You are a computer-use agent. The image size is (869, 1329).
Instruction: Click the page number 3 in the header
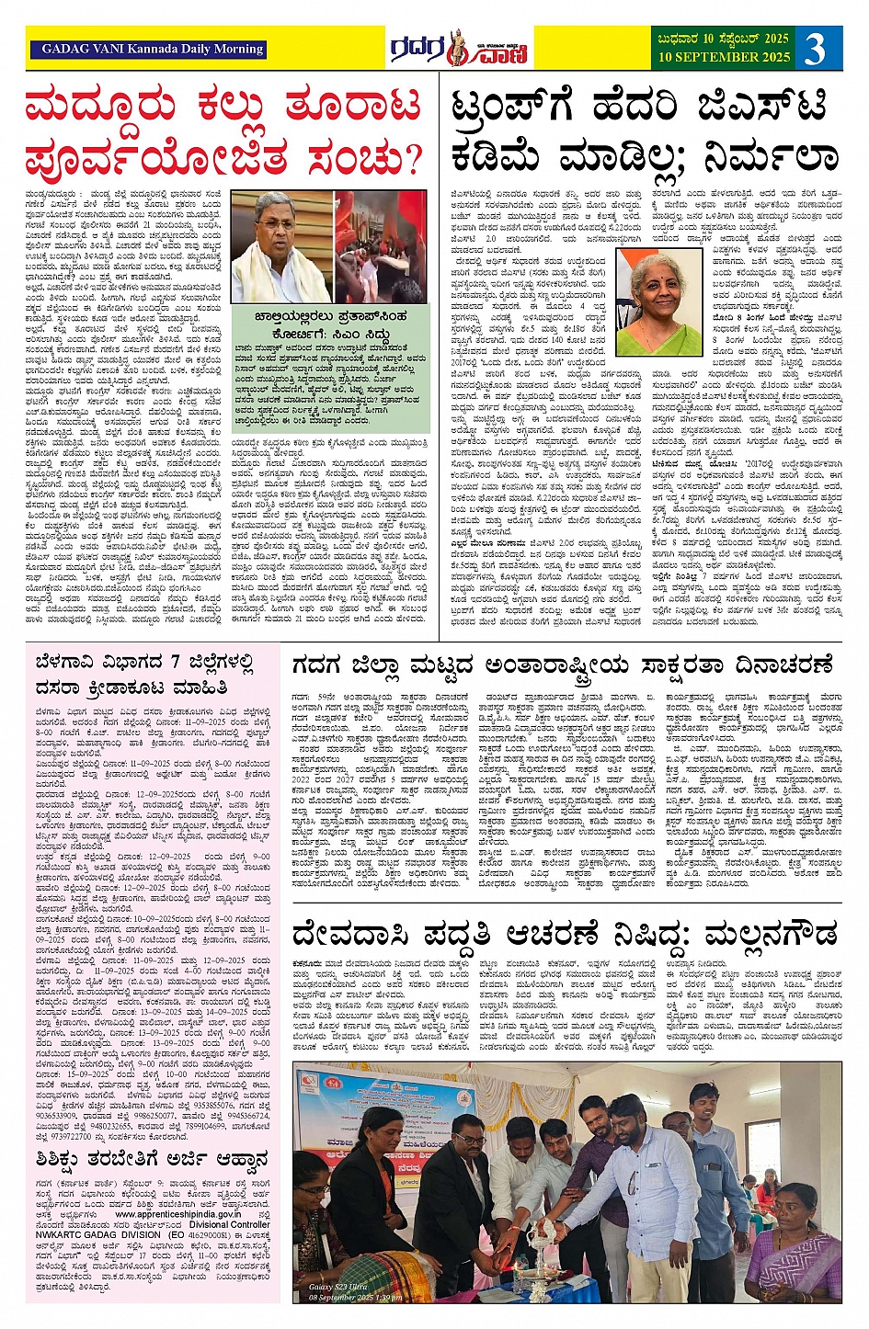pos(815,49)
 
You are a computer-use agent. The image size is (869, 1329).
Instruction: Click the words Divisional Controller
pos(230,1225)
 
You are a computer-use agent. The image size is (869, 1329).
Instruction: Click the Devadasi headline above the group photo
pos(565,936)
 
